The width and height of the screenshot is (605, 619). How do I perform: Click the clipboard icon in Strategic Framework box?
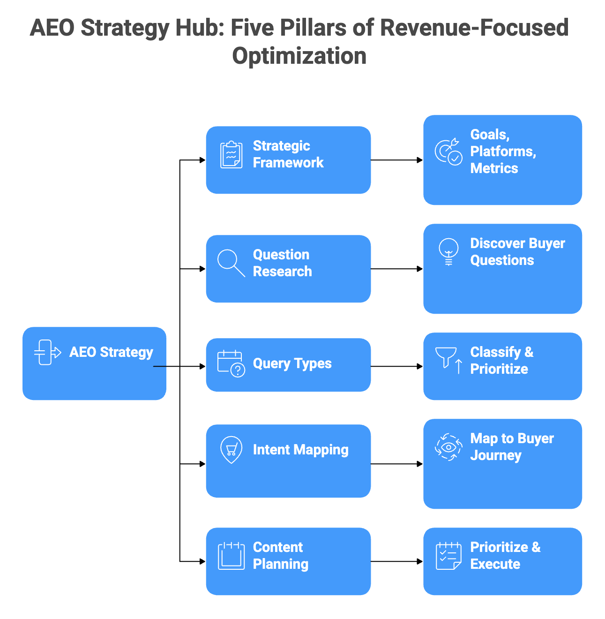tap(231, 155)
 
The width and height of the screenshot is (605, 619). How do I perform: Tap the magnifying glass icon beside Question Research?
tap(231, 263)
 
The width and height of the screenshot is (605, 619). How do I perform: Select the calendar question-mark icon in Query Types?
tap(231, 364)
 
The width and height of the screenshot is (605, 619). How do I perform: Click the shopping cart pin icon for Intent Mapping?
tap(231, 449)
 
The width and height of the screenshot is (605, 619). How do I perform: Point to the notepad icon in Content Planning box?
tap(231, 556)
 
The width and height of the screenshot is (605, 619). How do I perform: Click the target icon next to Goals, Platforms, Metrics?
tap(448, 151)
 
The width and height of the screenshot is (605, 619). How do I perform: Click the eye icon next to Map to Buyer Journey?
tap(448, 447)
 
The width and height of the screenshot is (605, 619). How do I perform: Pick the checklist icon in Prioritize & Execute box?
tap(448, 556)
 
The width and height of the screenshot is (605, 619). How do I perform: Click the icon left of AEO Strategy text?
tap(47, 352)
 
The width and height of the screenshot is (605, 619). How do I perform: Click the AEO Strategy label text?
tap(111, 352)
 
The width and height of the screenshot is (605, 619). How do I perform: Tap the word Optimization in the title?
tap(299, 56)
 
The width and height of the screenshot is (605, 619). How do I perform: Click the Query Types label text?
tap(292, 363)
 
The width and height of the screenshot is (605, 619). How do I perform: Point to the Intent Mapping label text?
tap(300, 450)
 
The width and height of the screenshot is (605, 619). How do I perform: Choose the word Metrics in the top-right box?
tap(494, 168)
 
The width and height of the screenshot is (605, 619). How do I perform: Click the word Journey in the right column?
tap(495, 455)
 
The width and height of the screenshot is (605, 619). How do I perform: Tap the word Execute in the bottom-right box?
tap(495, 564)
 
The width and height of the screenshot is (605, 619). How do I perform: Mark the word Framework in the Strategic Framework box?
tap(288, 163)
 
